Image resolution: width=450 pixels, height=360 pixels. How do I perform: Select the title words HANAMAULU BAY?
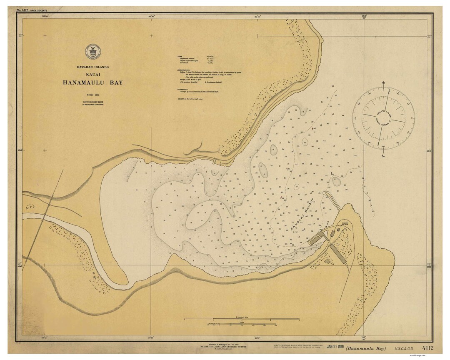[93, 82]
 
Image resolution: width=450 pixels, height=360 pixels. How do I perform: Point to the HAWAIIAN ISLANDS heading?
[92, 67]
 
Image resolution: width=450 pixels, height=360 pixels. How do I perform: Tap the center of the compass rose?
[383, 118]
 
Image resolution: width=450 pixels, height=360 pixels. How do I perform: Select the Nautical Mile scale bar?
[242, 319]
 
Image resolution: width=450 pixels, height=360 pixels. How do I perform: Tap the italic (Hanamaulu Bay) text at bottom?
[366, 348]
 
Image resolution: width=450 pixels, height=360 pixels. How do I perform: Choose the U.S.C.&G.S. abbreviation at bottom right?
[403, 348]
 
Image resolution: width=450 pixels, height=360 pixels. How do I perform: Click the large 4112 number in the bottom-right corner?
[427, 348]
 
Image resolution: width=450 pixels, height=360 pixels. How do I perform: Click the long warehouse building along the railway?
[337, 254]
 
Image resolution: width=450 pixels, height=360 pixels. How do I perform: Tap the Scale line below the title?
[92, 95]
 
